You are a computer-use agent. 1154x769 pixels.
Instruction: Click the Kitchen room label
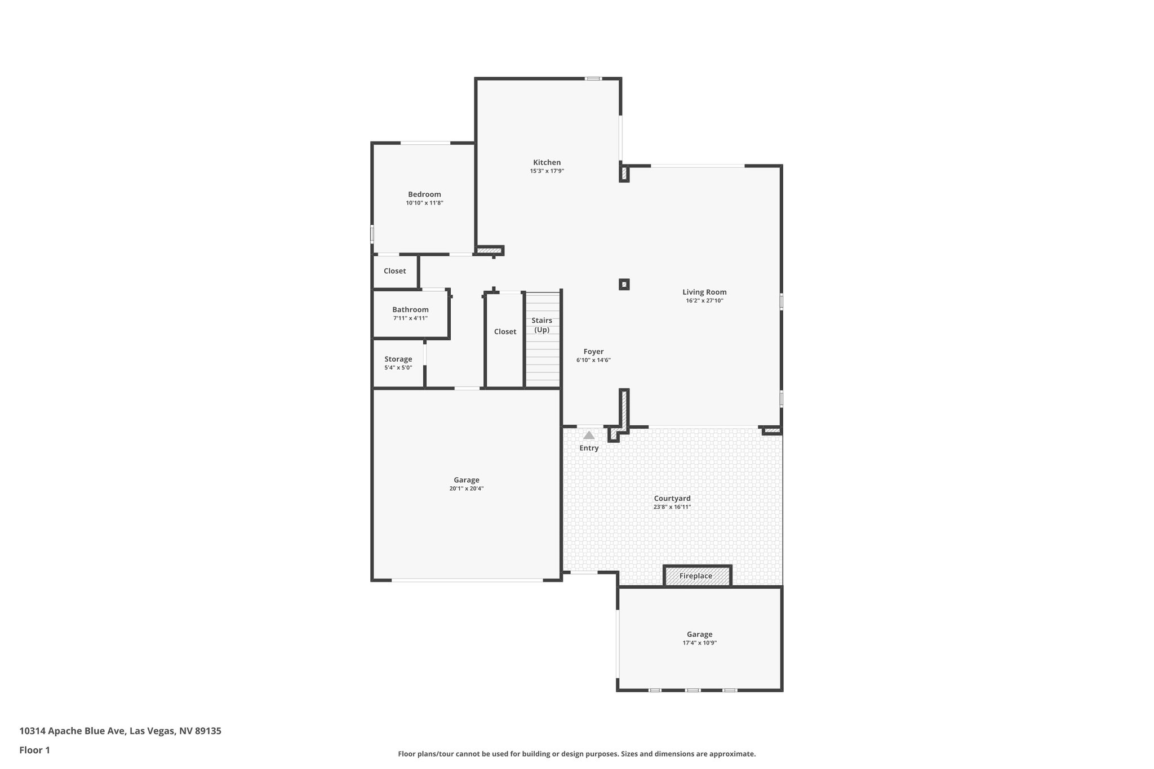547,162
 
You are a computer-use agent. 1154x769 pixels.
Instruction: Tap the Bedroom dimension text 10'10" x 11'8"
424,203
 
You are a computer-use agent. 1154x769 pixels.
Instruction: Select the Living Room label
704,292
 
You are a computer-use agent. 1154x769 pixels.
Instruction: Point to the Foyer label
593,352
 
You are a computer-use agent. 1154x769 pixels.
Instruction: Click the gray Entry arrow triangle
589,435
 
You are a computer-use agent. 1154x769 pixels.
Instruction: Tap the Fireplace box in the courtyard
697,576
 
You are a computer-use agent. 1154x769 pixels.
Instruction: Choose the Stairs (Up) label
542,325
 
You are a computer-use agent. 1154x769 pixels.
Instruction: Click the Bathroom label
410,309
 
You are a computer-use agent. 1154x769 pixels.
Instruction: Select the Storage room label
398,359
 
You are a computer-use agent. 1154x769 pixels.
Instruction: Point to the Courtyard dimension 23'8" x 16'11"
672,507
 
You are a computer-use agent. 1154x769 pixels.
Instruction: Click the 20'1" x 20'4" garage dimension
466,488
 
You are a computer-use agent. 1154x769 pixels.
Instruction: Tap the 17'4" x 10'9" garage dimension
699,643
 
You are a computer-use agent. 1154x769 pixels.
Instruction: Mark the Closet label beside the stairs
505,331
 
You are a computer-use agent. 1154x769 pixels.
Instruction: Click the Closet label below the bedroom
394,271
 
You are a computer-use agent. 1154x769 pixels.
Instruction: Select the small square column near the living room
624,285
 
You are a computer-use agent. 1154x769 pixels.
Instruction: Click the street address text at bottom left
120,731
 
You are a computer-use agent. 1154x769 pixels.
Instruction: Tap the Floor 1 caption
34,750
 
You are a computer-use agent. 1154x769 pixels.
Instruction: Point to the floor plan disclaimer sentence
576,754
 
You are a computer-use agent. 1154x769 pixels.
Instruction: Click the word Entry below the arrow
589,448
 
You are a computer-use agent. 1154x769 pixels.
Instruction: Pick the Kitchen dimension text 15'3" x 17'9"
547,171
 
